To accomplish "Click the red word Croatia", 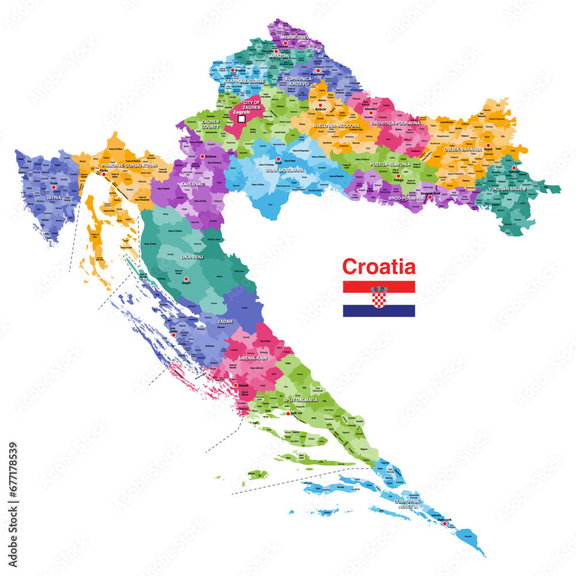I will (x=378, y=267).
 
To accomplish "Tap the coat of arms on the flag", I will (x=378, y=297).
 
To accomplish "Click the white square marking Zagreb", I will (x=242, y=119).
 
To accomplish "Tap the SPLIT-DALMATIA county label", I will (x=300, y=399).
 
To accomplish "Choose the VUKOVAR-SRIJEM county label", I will (x=507, y=189).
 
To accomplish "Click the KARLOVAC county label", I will (x=192, y=185).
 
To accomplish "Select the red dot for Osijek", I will (x=488, y=146).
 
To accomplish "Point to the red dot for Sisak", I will (x=278, y=159).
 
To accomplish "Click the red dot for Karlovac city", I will (x=202, y=156).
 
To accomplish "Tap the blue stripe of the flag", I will (x=378, y=310).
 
